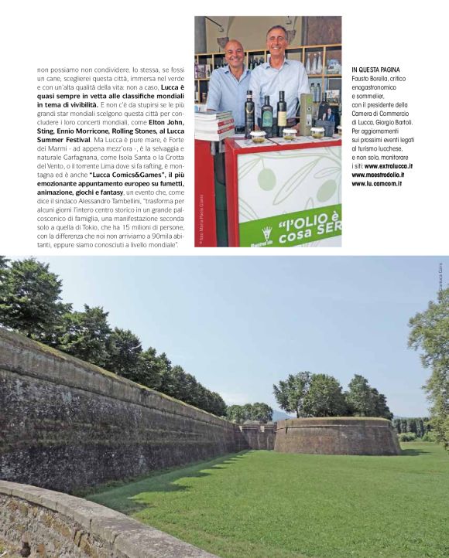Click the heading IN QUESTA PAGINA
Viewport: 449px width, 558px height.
point(375,70)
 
